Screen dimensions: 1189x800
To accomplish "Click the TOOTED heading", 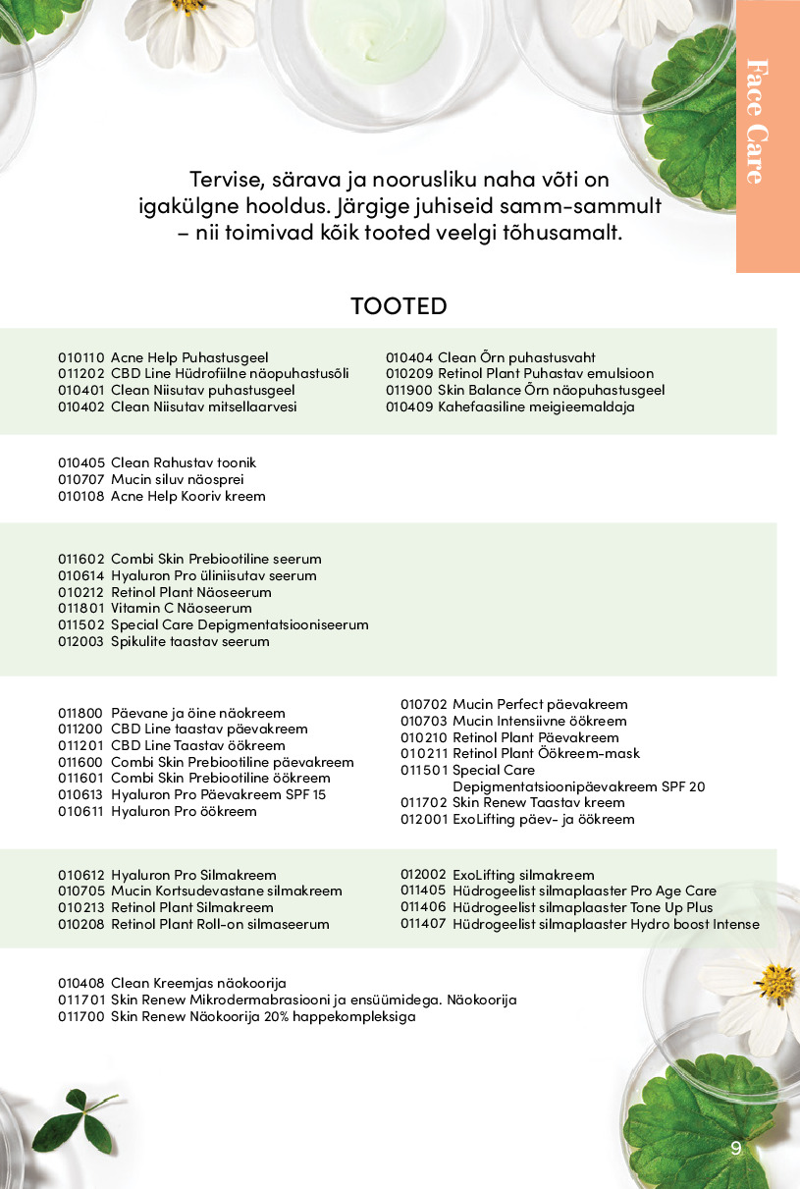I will click(399, 306).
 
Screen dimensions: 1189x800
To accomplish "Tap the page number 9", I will click(736, 1149).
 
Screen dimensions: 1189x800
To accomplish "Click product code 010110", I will click(80, 357).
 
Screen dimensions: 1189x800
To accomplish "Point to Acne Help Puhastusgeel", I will click(189, 357).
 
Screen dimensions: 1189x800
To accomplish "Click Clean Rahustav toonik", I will click(184, 462).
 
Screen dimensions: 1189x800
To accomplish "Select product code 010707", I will click(80, 479).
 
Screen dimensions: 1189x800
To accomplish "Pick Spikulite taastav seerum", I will click(189, 641).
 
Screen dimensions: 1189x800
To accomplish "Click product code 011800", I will click(80, 713).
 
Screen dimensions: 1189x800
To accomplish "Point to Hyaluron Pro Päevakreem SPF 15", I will click(218, 794).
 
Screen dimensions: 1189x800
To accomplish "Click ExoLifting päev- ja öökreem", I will click(543, 819).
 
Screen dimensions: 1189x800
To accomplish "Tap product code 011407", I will click(423, 924).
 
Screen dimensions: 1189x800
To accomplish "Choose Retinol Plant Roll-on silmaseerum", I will click(220, 924).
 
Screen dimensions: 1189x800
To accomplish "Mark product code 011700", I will click(80, 1016).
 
